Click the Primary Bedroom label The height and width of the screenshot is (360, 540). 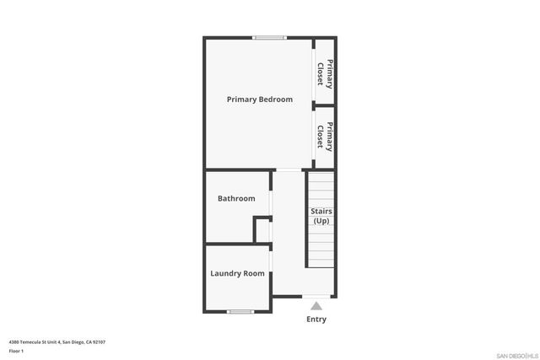click(x=259, y=99)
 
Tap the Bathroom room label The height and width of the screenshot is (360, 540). click(x=236, y=199)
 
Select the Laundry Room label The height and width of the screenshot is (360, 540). click(x=237, y=273)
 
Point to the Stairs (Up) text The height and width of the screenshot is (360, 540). click(x=321, y=216)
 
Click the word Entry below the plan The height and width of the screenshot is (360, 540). click(x=316, y=320)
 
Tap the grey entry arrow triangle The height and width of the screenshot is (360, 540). click(x=316, y=306)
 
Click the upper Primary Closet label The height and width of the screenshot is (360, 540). click(x=325, y=74)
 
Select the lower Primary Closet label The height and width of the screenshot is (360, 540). click(x=325, y=136)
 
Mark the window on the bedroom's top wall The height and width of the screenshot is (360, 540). click(x=270, y=37)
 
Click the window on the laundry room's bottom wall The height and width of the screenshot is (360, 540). click(x=240, y=311)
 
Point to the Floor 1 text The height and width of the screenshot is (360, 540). click(x=17, y=351)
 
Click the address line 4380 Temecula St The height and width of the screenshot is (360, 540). click(x=57, y=341)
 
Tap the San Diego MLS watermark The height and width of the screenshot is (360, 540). click(x=516, y=355)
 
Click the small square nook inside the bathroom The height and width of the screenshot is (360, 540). click(x=262, y=230)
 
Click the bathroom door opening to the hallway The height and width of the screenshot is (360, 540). click(x=271, y=202)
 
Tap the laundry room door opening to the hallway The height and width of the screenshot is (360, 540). click(x=271, y=268)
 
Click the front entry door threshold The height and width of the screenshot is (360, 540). click(x=316, y=297)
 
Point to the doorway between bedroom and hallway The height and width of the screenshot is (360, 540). click(x=289, y=170)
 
